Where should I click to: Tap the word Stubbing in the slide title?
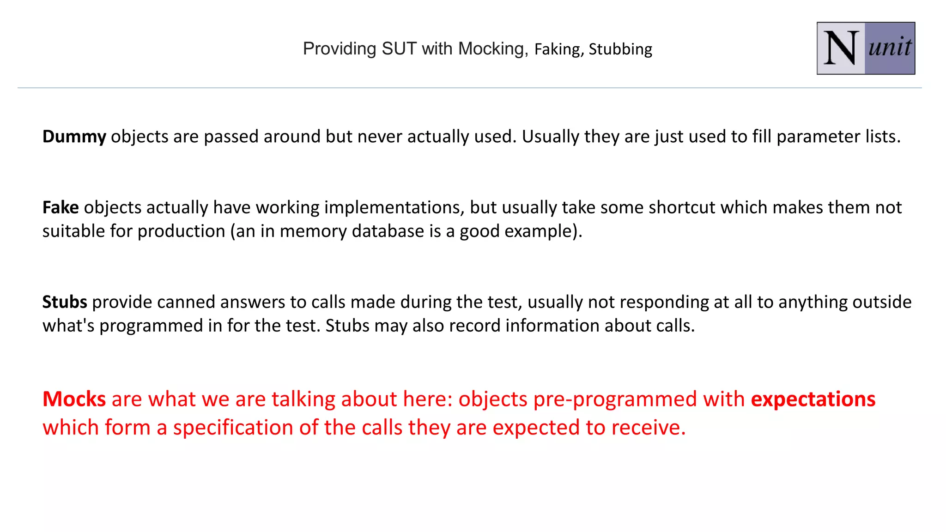[x=620, y=49]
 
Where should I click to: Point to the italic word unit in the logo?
[x=890, y=47]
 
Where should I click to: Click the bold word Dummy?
[x=74, y=137]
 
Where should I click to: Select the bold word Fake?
[x=61, y=207]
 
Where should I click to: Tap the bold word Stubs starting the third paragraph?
[x=65, y=302]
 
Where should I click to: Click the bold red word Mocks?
[x=74, y=399]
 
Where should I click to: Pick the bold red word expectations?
[x=813, y=399]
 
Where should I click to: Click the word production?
[x=181, y=231]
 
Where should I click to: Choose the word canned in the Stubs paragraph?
[x=186, y=302]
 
